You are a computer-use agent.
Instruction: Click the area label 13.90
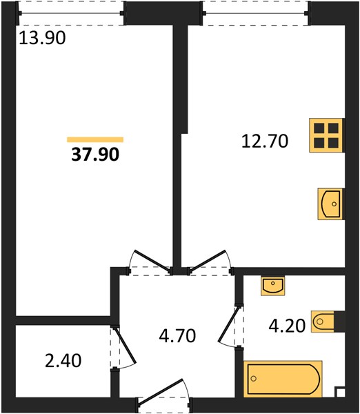pyautogui.click(x=42, y=37)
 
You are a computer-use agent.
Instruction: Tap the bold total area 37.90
pyautogui.click(x=95, y=154)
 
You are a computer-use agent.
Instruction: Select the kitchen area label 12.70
pyautogui.click(x=265, y=141)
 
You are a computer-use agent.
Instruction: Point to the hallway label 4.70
pyautogui.click(x=177, y=335)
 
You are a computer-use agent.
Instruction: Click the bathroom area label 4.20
pyautogui.click(x=287, y=325)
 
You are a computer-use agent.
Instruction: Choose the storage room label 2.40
pyautogui.click(x=63, y=361)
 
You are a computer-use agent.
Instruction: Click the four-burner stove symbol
pyautogui.click(x=326, y=135)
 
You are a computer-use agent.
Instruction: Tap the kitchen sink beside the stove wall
pyautogui.click(x=331, y=204)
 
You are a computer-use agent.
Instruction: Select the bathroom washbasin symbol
pyautogui.click(x=273, y=286)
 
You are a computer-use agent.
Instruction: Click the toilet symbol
pyautogui.click(x=323, y=322)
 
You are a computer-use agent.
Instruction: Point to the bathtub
pyautogui.click(x=283, y=379)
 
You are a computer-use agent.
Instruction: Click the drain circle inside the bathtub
pyautogui.click(x=254, y=379)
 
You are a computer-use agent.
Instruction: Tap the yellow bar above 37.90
pyautogui.click(x=95, y=139)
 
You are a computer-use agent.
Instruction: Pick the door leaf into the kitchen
pyautogui.click(x=208, y=260)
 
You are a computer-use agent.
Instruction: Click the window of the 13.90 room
pyautogui.click(x=71, y=13)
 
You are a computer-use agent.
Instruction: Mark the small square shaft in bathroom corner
pyautogui.click(x=340, y=392)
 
